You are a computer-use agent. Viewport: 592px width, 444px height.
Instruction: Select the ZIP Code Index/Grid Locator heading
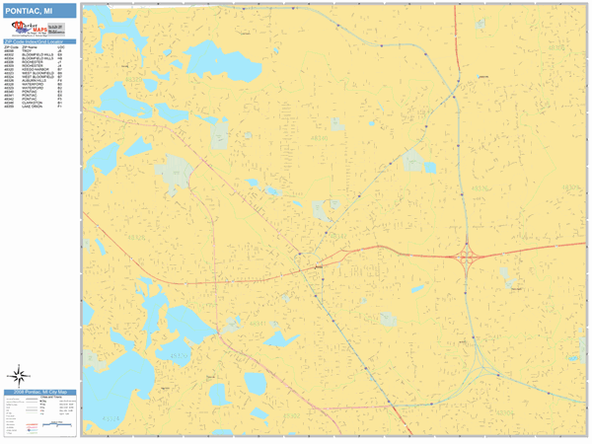click(39, 41)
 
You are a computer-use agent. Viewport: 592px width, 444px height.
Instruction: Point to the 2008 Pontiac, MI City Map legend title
click(39, 393)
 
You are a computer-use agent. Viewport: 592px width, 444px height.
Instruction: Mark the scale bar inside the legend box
click(59, 425)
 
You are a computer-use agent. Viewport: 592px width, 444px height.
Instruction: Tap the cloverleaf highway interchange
click(468, 258)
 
